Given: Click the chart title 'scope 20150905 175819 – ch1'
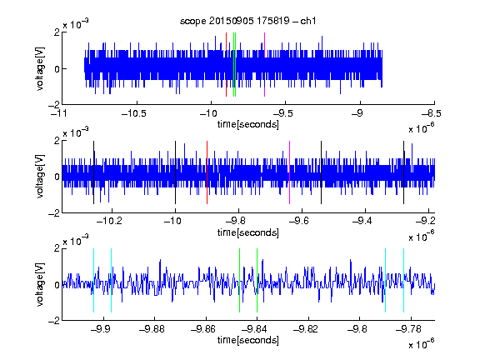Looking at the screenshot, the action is pos(248,21).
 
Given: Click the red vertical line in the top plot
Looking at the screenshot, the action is pos(226,65).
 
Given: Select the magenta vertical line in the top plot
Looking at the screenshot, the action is pos(264,65).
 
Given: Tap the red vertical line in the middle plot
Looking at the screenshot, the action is pos(207,172).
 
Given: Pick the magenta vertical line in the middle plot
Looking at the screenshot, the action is pos(290,172).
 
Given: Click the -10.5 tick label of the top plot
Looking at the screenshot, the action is pos(134,113).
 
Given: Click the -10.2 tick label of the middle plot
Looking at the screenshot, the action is pos(109,220).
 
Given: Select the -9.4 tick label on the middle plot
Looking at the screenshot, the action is pos(362,220).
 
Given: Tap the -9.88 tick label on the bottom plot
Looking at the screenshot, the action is pos(152,329).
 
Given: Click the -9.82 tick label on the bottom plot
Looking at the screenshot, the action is pos(306,329).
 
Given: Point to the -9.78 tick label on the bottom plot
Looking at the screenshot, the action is pos(408,329).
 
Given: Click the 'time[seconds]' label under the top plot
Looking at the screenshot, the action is pos(248,125).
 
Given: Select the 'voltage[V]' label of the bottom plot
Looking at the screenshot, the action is pos(40,285).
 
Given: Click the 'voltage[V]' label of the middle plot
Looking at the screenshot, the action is pos(40,177).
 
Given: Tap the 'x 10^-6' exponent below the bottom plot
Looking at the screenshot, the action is pos(422,344).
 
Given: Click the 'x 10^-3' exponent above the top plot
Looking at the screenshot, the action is pos(76,24).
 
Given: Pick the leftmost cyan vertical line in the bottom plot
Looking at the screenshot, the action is pos(93,280).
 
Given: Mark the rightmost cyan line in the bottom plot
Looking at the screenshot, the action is pos(404,280).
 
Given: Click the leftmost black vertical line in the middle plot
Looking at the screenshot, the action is pos(93,172).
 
